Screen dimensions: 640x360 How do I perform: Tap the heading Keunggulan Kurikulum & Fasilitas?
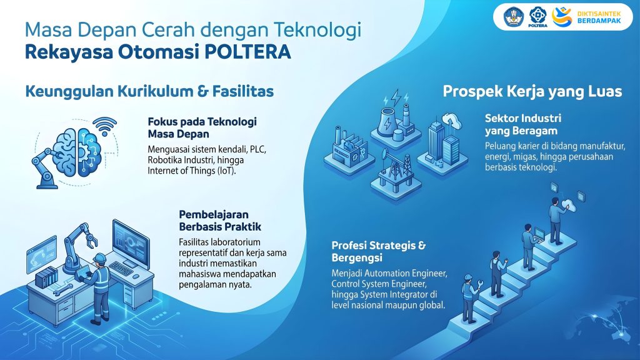149,91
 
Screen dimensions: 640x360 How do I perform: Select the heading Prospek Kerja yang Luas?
532,91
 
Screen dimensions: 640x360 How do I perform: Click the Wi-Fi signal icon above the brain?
105,126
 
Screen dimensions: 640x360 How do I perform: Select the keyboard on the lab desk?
121,268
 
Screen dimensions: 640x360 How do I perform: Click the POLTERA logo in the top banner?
537,17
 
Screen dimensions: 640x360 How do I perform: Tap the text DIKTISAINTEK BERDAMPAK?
599,17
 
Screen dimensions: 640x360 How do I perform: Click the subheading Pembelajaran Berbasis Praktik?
220,221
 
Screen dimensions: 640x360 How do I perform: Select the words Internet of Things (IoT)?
192,171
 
